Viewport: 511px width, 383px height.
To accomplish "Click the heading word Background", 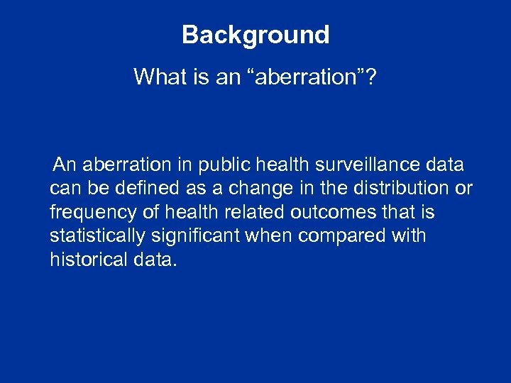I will (255, 35).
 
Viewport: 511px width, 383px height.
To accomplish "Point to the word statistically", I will (95, 235).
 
